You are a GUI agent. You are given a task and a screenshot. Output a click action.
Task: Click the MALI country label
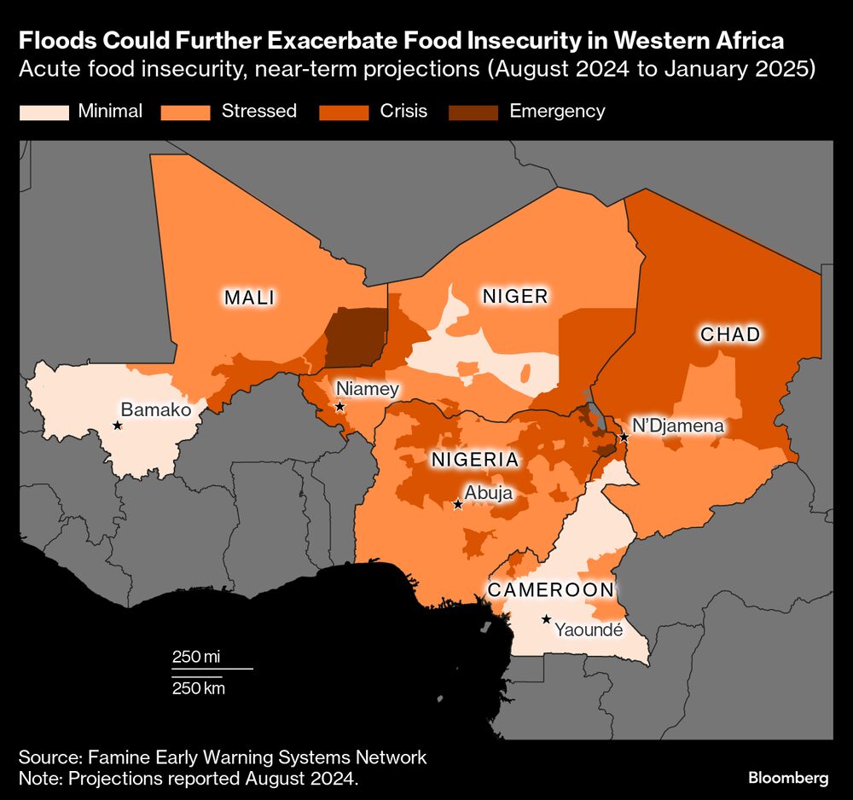tap(249, 298)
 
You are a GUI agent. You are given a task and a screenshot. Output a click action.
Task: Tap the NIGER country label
tap(514, 296)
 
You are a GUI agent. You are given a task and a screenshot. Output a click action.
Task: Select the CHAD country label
tap(729, 334)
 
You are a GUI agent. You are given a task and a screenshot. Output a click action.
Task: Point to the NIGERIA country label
tap(474, 460)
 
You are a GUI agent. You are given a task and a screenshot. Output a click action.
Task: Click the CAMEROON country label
tap(550, 590)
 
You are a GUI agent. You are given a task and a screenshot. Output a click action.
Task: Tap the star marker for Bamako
tap(117, 426)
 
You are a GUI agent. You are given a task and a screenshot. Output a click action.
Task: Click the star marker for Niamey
tap(339, 407)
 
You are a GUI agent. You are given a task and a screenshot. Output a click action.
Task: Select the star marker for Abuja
tap(457, 505)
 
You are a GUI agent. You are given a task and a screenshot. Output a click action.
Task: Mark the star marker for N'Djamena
tap(624, 437)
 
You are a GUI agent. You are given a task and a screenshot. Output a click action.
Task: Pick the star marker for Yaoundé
tap(546, 619)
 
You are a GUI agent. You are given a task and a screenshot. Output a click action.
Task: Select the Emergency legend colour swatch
tap(474, 111)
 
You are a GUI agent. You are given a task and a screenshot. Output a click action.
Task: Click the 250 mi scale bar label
tap(196, 657)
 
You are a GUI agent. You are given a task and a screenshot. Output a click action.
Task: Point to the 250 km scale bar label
tap(198, 687)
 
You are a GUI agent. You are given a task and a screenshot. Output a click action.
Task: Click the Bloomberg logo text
tap(788, 778)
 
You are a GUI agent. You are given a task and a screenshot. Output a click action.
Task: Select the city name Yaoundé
tap(589, 630)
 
